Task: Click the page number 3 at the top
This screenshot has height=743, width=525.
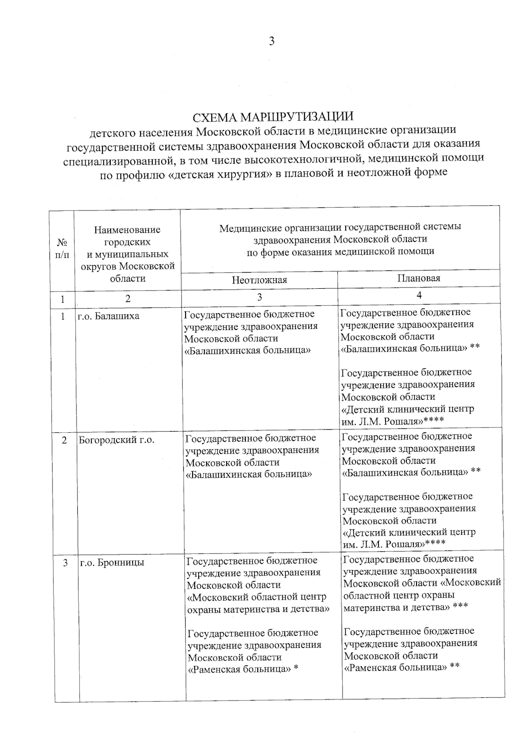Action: pos(272,42)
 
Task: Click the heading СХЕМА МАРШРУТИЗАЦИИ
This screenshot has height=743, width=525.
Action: pos(273,117)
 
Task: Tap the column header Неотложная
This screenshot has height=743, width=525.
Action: pos(259,280)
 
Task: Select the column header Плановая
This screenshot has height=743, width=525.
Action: pos(419,278)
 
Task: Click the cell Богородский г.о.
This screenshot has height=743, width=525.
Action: pos(116,440)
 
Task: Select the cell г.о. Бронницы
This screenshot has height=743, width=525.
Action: pos(112,563)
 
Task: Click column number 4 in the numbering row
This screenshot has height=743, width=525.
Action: pos(419,295)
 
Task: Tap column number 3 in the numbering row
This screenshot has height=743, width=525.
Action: pos(259,297)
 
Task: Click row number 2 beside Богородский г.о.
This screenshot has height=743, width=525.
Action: pos(64,440)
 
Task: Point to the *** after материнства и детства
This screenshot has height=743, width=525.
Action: pos(460,607)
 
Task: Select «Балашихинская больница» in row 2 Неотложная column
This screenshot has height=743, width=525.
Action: pos(248,474)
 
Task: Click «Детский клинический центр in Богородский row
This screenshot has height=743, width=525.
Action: pos(409,533)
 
